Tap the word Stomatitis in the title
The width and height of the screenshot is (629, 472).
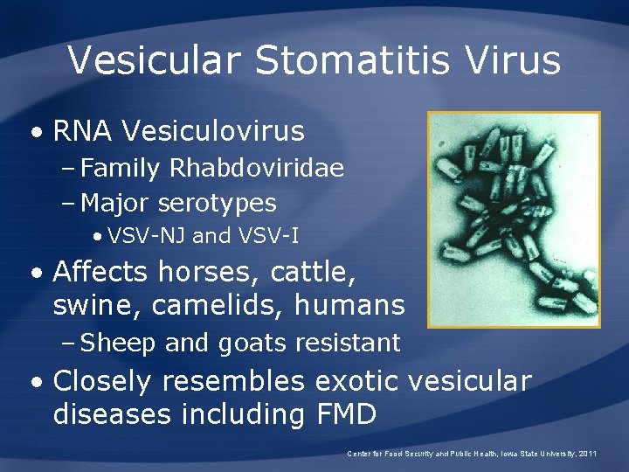point(346,59)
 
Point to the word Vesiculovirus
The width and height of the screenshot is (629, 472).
point(213,131)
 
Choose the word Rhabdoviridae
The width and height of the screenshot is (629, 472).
point(254,167)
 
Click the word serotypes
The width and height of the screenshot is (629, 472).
point(218,204)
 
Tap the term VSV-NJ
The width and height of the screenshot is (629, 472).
point(146,236)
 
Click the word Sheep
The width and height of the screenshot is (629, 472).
point(118,343)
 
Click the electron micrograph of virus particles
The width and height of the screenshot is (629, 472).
point(514,219)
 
